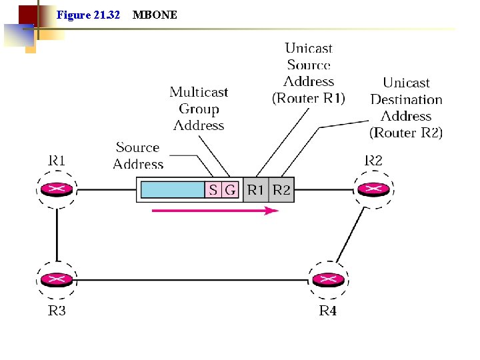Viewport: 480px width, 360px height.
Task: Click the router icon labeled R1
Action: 57,190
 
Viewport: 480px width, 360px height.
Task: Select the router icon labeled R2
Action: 373,190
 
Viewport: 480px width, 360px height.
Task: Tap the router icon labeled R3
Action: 57,280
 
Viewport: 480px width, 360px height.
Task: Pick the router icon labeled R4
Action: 327,280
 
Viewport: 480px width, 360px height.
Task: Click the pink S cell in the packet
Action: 213,190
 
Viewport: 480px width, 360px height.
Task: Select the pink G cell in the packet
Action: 230,190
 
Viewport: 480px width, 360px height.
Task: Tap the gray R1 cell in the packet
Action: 256,190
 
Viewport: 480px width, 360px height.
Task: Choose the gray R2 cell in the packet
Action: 281,190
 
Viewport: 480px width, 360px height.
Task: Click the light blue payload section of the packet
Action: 172,190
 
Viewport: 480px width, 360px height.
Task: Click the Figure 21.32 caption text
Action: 89,15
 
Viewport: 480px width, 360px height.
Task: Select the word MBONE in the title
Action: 155,15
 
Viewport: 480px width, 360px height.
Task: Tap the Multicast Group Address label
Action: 199,109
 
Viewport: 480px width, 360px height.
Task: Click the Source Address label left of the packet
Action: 138,156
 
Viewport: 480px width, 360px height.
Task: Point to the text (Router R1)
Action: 309,99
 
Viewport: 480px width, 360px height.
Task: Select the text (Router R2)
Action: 406,133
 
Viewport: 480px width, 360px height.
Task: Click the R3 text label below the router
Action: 57,311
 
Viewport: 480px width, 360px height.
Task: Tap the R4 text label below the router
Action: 327,311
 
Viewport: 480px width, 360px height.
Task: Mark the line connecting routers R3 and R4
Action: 193,280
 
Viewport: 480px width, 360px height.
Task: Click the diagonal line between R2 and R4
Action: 352,233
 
